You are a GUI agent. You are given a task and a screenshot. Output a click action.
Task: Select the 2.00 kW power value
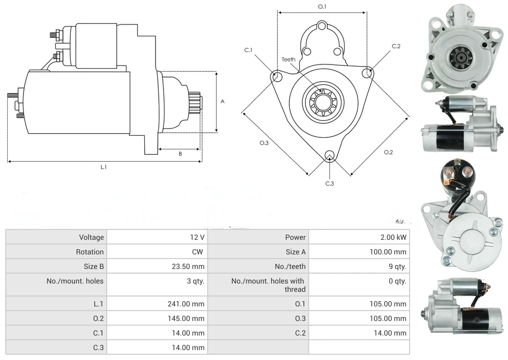[x=393, y=237]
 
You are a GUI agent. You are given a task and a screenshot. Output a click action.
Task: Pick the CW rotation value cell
[x=198, y=252]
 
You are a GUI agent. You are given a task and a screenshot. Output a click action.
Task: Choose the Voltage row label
[x=92, y=237]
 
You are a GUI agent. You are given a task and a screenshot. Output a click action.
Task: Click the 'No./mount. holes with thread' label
[x=268, y=285]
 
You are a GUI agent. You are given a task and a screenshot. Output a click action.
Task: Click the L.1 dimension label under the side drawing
[x=104, y=167]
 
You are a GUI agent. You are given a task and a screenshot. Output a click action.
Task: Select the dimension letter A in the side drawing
[x=222, y=101]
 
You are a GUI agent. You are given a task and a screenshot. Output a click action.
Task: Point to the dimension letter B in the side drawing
[x=180, y=153]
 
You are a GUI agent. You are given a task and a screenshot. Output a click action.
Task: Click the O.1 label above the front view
[x=322, y=7]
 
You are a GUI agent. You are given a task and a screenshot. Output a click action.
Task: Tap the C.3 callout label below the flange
[x=329, y=183]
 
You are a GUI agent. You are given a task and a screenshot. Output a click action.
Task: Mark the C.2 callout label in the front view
[x=396, y=46]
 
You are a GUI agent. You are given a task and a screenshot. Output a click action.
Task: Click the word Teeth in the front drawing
[x=288, y=59]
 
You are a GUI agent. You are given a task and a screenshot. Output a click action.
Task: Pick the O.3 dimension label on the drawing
[x=264, y=144]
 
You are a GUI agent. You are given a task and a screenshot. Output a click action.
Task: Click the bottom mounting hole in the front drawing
[x=329, y=155]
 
